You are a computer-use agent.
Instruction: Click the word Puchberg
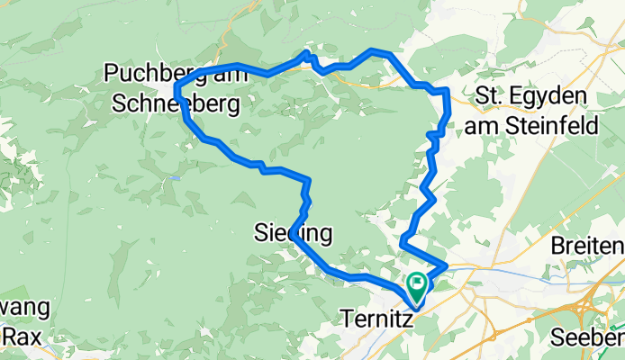[146, 72]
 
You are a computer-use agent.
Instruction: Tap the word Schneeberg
[177, 104]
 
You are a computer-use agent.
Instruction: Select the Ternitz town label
[378, 318]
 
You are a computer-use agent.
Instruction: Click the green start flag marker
[418, 286]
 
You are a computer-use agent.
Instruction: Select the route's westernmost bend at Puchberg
[175, 87]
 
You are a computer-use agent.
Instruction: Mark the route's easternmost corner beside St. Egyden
[447, 91]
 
